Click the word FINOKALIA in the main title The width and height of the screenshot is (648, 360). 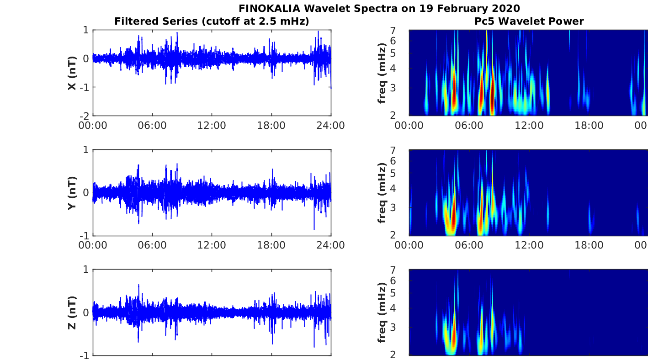[x=269, y=8]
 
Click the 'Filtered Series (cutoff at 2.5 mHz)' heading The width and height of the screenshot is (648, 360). [x=212, y=21]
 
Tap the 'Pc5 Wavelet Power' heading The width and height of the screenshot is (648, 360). [x=529, y=21]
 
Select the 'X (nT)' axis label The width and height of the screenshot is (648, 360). [x=72, y=73]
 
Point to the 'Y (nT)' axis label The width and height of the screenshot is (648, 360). [x=72, y=193]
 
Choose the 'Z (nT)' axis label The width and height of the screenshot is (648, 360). [x=72, y=312]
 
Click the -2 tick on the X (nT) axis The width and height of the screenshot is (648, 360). [x=85, y=116]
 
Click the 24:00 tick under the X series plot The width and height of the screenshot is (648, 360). [x=331, y=126]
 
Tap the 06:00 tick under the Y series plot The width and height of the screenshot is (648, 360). [x=152, y=245]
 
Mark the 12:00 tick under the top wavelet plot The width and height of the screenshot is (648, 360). [x=529, y=126]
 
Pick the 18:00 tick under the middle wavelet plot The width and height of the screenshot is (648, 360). [x=589, y=245]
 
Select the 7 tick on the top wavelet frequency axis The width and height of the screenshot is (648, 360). [x=393, y=30]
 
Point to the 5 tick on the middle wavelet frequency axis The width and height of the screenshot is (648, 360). [x=393, y=173]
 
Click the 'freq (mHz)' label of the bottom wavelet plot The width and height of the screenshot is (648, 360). [x=382, y=312]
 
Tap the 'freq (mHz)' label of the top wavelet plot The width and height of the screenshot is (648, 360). [x=382, y=73]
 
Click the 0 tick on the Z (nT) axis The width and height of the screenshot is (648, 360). [x=86, y=312]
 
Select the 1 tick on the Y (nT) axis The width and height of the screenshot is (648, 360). [x=86, y=150]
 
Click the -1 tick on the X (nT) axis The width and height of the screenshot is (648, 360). [x=85, y=87]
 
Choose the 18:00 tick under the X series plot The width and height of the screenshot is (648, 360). [x=271, y=126]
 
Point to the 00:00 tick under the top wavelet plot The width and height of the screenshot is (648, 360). [x=409, y=126]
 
